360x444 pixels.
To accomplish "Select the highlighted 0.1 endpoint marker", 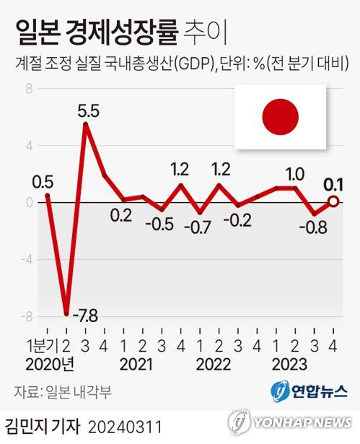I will (x=333, y=202).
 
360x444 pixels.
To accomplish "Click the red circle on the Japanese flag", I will (x=279, y=118).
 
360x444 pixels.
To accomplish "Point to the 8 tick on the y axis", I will (x=30, y=90).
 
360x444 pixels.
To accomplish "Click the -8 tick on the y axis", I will (x=27, y=316).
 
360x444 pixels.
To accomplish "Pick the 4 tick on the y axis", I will (x=30, y=146).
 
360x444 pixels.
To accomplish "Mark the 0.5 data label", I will (x=43, y=180).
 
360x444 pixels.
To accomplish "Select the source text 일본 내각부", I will (x=85, y=391).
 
